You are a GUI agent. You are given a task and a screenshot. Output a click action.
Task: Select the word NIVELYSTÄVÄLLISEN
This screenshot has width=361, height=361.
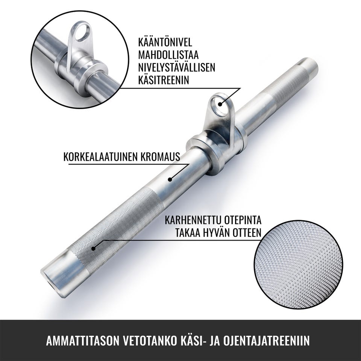pyautogui.click(x=177, y=67)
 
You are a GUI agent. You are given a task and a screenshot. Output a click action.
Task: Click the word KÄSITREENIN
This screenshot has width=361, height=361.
pyautogui.click(x=164, y=80)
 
